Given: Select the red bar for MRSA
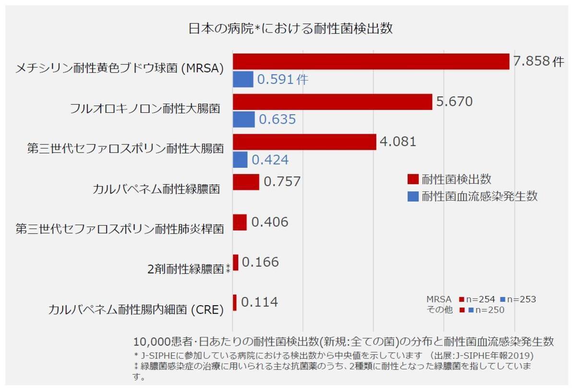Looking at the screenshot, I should (x=371, y=61).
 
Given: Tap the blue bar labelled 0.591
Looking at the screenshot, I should (x=243, y=79).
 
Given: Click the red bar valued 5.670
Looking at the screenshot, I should (x=332, y=102).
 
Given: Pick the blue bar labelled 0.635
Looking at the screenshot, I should (x=244, y=119).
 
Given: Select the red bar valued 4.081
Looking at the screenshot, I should (x=304, y=142).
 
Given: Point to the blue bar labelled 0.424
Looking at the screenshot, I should (x=240, y=160).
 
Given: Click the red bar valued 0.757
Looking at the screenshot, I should (x=246, y=182).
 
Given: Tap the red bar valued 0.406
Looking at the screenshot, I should (x=240, y=223).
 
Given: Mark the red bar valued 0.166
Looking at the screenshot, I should (x=235, y=262).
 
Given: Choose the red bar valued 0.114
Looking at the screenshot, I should (x=235, y=303).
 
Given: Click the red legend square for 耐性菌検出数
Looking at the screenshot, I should (x=413, y=179).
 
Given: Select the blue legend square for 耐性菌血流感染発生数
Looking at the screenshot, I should (x=413, y=196).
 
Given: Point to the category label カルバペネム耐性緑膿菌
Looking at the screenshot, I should (x=156, y=189).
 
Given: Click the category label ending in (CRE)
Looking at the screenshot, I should (x=136, y=309).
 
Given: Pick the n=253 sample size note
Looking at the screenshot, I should (x=521, y=299).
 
